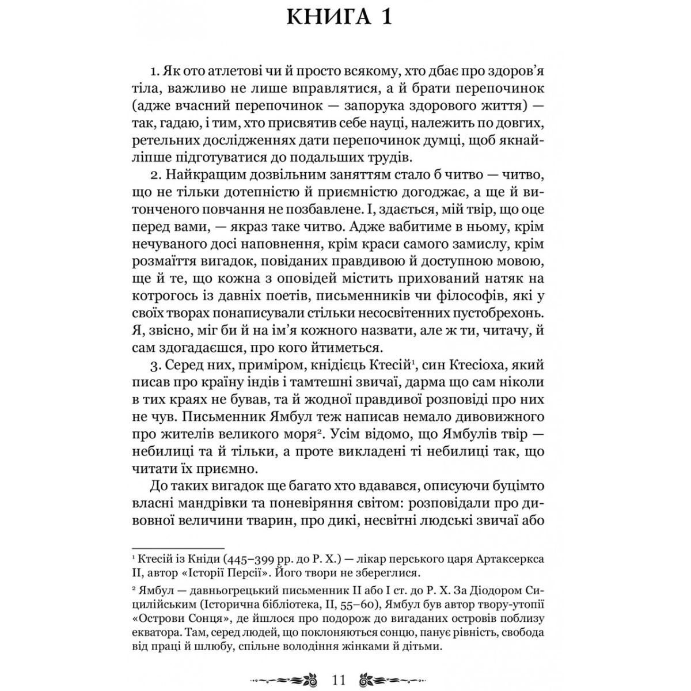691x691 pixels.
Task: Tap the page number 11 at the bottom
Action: [x=339, y=664]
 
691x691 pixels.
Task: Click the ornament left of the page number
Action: [x=283, y=664]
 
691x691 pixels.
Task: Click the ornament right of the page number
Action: [x=394, y=664]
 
